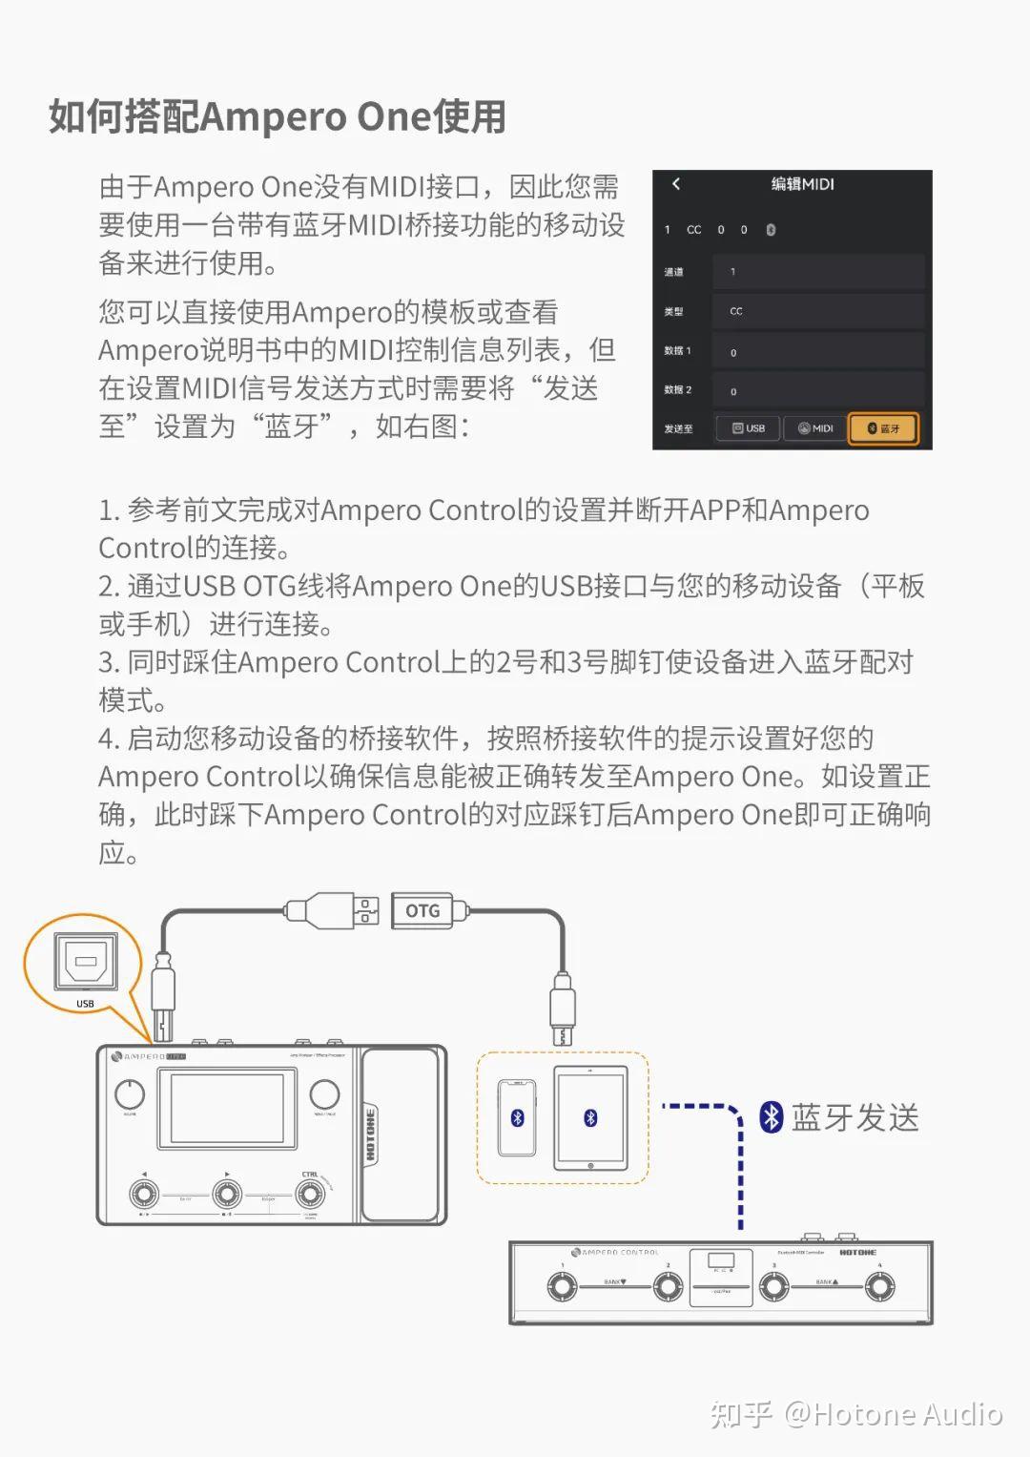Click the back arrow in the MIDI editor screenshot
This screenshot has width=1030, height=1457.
(676, 184)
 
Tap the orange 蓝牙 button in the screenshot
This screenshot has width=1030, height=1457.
(883, 428)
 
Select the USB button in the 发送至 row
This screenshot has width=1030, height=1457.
(749, 428)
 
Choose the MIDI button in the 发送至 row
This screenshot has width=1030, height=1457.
(815, 428)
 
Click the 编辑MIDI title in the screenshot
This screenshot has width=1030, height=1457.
(802, 184)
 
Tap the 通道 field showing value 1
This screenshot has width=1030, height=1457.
(818, 272)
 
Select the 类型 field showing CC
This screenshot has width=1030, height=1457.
(818, 311)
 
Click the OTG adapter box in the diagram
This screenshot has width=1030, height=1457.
(423, 911)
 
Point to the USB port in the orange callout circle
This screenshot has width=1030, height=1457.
(85, 963)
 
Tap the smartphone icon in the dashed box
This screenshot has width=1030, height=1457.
(517, 1117)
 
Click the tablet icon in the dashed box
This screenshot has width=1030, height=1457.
(590, 1117)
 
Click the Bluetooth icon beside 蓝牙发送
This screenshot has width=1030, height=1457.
(771, 1116)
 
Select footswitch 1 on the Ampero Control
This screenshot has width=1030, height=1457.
(562, 1286)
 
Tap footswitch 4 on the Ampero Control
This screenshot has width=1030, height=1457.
(879, 1286)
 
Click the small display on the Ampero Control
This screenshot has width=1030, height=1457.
(721, 1261)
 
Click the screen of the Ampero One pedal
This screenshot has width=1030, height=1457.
(227, 1109)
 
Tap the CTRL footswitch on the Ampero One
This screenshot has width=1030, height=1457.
(310, 1194)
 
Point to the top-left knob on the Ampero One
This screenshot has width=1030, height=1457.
(130, 1094)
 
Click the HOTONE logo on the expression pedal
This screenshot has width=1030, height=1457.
(371, 1135)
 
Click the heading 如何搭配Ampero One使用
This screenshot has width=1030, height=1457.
(278, 116)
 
